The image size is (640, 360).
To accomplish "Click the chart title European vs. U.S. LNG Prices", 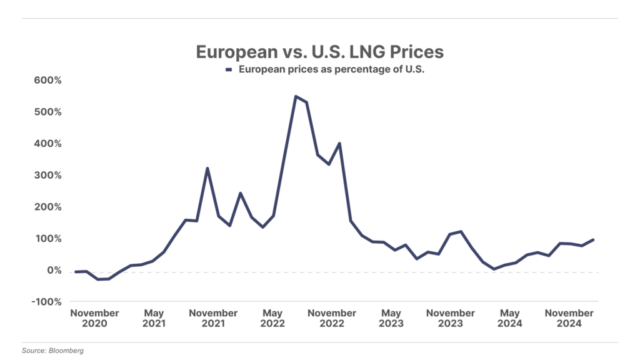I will click(319, 51).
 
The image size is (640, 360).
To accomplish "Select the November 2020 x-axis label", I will click(94, 318).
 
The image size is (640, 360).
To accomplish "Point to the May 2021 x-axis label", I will click(154, 318).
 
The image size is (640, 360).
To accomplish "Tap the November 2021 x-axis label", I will click(213, 318).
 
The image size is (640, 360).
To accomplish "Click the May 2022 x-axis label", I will click(272, 318).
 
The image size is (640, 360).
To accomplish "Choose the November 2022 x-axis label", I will click(332, 318).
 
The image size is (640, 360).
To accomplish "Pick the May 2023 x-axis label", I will click(391, 318).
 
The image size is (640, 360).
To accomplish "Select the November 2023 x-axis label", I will click(451, 318).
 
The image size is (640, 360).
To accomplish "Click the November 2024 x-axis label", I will click(569, 318).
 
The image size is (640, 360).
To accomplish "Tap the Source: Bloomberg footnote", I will click(52, 351).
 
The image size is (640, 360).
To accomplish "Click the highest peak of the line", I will click(296, 96).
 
